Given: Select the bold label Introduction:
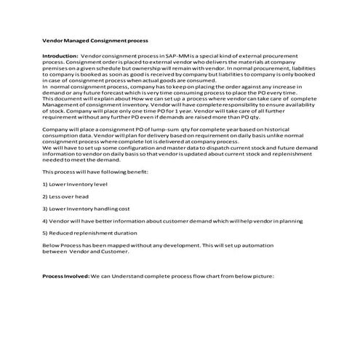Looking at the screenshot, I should pyautogui.click(x=60, y=55).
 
